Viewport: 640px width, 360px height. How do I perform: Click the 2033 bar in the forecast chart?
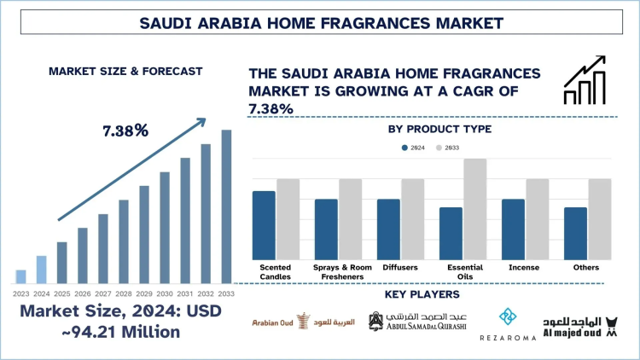pos(226,206)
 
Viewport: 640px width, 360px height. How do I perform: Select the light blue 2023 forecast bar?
pos(20,276)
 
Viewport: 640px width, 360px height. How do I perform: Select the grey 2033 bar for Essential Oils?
pos(475,209)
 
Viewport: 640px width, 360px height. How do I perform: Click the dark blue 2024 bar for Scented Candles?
pos(264,225)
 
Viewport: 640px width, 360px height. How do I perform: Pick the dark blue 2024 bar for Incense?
pos(513,229)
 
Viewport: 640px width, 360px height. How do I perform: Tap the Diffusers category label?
pos(400,267)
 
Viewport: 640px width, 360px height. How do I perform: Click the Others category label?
pos(588,267)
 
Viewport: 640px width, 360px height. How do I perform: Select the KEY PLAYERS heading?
pos(422,295)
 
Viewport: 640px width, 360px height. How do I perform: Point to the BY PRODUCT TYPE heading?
pos(439,129)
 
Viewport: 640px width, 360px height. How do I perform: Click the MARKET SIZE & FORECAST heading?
pos(113,71)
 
